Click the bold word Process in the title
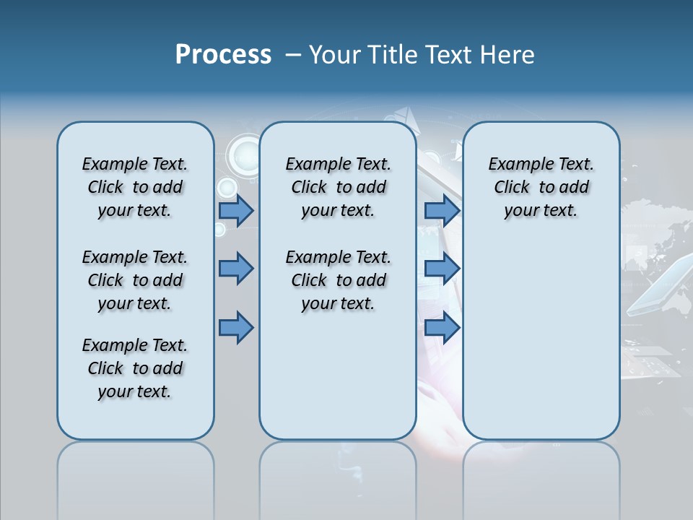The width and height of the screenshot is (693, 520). tap(223, 54)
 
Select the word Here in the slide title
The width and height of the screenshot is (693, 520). tap(508, 54)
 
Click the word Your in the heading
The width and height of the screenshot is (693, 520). tap(335, 54)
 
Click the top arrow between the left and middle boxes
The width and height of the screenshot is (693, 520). tap(236, 211)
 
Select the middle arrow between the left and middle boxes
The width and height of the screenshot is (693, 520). tap(236, 269)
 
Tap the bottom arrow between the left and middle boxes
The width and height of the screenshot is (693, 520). tap(236, 328)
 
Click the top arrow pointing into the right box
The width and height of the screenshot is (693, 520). tap(442, 211)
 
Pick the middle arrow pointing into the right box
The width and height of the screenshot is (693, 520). tap(442, 269)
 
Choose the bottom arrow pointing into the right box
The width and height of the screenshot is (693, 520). tap(442, 328)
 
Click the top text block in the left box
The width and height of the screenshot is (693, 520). tap(135, 187)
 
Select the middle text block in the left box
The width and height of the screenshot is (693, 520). tap(135, 280)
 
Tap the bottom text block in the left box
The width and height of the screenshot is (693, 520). tap(135, 368)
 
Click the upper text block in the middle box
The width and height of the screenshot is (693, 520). tap(338, 187)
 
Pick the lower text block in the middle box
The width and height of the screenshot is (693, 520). tap(338, 280)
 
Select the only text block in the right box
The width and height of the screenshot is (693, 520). tap(541, 187)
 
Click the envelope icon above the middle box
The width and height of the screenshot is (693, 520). tap(404, 116)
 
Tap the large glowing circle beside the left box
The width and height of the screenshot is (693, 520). tap(244, 155)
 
